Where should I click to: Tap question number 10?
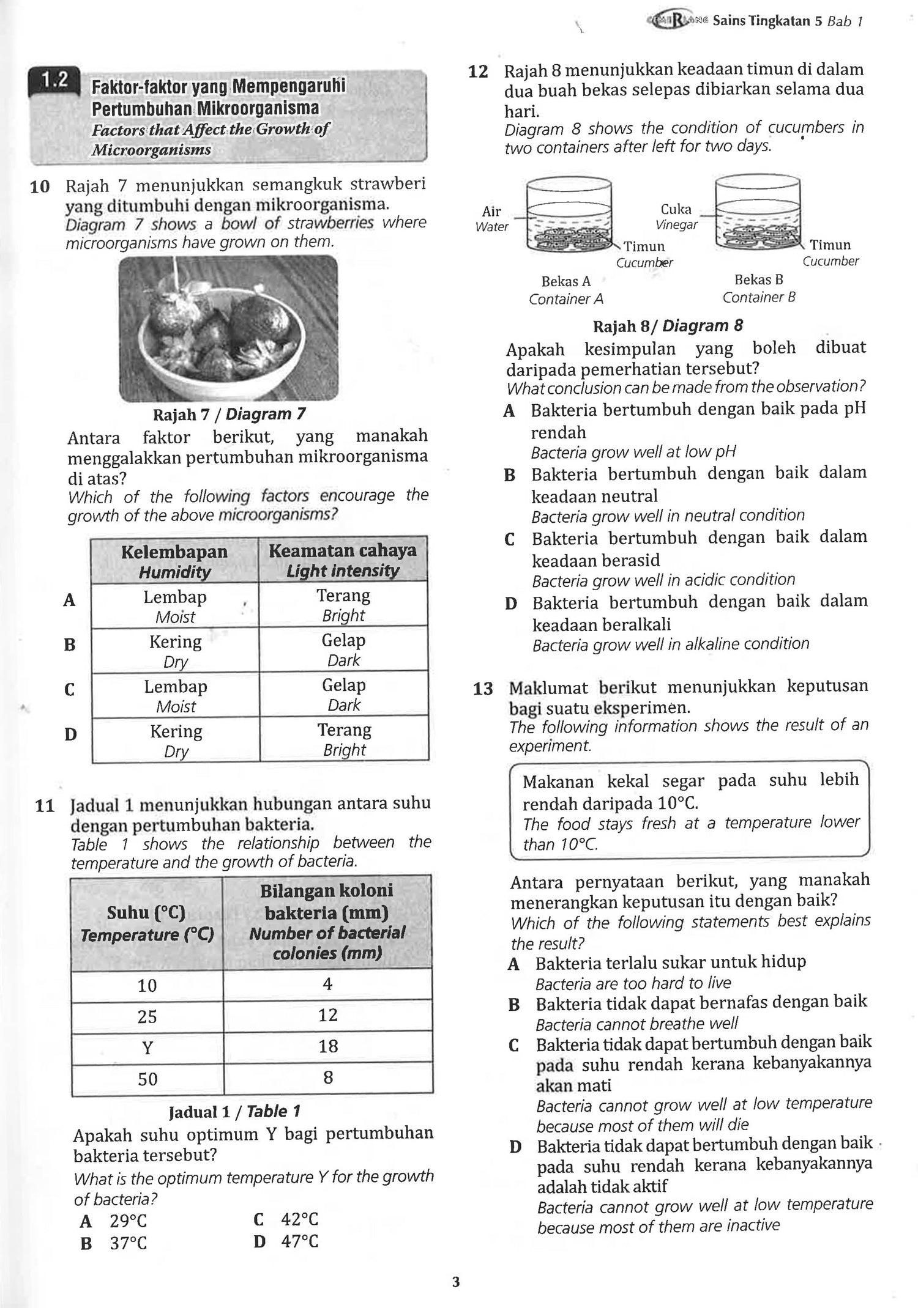(x=40, y=186)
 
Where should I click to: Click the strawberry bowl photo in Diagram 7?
(x=228, y=328)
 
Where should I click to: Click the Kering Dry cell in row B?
(x=176, y=651)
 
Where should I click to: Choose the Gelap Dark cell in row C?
(x=343, y=695)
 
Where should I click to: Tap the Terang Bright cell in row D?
(x=344, y=739)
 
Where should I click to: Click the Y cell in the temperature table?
(x=147, y=1048)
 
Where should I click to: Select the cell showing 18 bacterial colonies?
(x=328, y=1046)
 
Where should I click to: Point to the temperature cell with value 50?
(x=147, y=1079)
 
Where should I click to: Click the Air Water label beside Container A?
(x=492, y=218)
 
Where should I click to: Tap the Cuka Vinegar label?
(x=676, y=216)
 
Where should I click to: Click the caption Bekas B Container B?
(x=759, y=288)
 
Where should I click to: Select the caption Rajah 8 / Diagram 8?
(x=668, y=326)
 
